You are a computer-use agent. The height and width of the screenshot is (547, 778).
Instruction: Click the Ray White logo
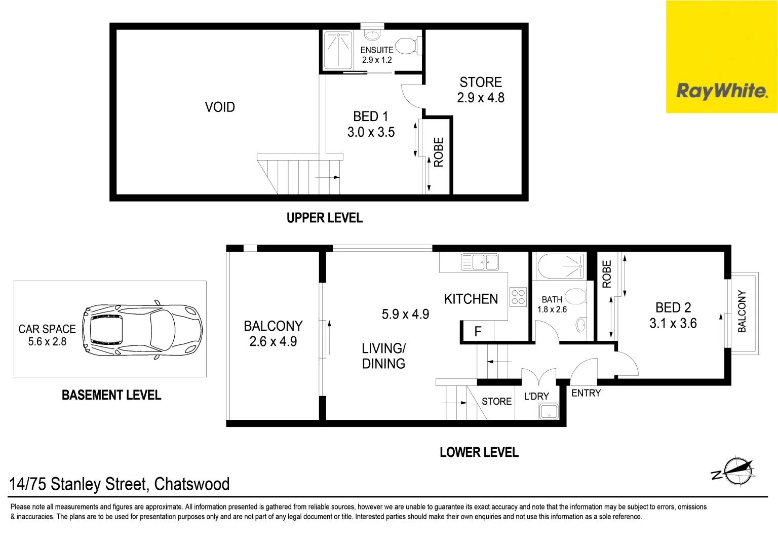coord(721,91)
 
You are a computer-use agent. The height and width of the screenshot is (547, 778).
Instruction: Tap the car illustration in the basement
coord(142,329)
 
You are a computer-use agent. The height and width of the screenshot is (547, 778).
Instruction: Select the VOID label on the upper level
coord(220,107)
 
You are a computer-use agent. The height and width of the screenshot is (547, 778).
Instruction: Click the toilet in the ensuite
coord(407,46)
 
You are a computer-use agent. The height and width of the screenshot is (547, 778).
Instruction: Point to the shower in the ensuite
coord(338,50)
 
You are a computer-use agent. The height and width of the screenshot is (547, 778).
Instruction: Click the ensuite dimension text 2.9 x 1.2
coord(377,60)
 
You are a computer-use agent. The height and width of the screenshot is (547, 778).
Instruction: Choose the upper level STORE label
coord(481,82)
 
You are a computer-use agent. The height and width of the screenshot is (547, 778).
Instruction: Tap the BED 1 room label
coord(371,116)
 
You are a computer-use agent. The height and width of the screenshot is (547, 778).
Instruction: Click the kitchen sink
coord(480,262)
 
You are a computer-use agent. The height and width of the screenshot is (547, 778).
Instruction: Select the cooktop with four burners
coord(518,297)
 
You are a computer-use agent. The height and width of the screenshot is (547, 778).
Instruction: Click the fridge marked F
coord(478,332)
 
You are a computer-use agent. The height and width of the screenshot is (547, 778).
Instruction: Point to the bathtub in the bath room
coord(561,266)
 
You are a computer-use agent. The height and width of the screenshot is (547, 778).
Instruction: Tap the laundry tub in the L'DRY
coord(549,411)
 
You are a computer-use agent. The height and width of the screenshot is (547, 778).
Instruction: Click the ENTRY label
coord(586,393)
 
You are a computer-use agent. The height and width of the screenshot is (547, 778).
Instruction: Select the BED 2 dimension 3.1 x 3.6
coord(673,323)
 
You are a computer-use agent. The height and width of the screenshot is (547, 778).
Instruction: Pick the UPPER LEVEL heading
coord(325,218)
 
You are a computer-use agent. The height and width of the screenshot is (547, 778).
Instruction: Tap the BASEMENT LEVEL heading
coord(111,395)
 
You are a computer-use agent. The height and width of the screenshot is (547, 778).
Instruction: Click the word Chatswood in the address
coord(192,484)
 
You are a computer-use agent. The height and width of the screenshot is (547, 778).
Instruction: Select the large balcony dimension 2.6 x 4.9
coord(273,341)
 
